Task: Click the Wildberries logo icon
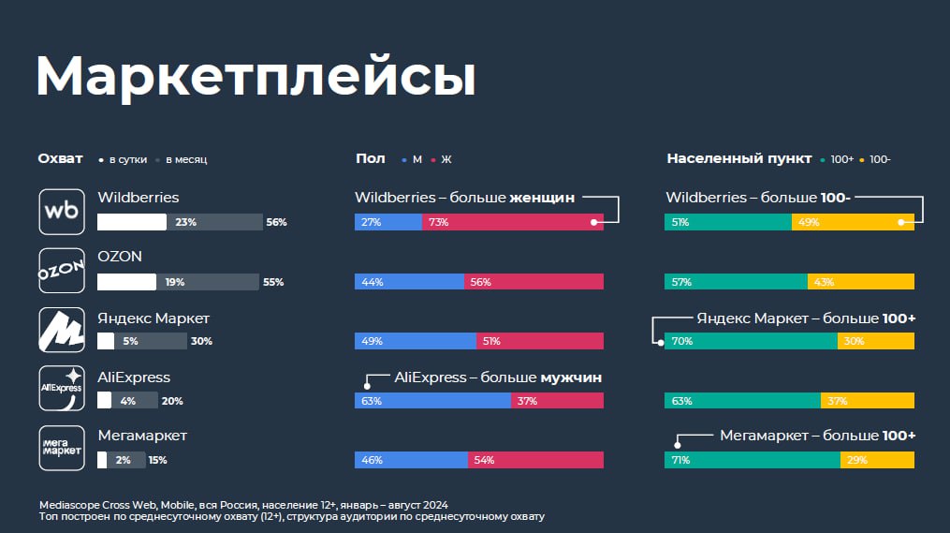tap(62, 212)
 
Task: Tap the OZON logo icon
tap(62, 271)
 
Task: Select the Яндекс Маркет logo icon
tap(62, 330)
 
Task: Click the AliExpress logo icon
tap(62, 389)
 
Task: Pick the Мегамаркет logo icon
tap(62, 448)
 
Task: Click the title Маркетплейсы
tap(256, 77)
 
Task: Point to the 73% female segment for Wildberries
tap(513, 222)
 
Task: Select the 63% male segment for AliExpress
tap(432, 400)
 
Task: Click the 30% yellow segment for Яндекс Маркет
tap(875, 341)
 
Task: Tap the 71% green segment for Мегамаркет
tap(753, 460)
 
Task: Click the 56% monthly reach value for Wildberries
tap(276, 222)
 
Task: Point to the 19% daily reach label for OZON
tap(175, 282)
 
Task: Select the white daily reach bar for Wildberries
tap(132, 222)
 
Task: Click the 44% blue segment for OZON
tap(410, 281)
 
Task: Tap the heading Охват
tap(60, 159)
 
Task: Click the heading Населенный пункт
tap(739, 159)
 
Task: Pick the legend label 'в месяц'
tap(186, 159)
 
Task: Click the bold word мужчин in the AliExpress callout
tap(571, 378)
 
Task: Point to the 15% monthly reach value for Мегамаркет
tap(157, 460)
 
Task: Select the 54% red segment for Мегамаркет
tap(535, 460)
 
